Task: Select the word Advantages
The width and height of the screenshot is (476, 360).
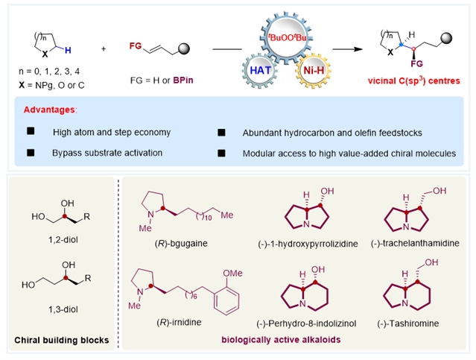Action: coord(49,110)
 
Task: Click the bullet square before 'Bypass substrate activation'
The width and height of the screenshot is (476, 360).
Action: coord(31,152)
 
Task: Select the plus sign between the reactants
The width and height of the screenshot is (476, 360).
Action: coord(103,48)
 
